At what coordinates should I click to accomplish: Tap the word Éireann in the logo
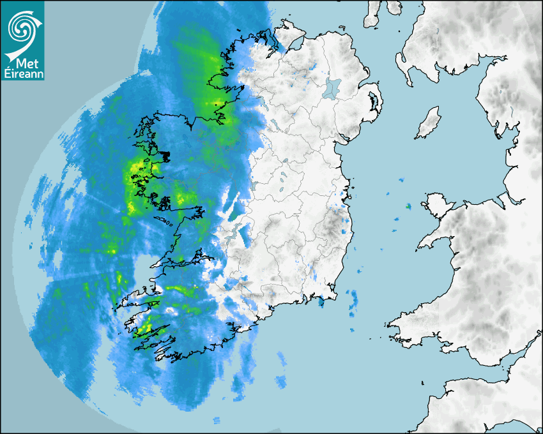pos(22,75)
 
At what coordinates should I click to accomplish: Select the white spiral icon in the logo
pos(22,29)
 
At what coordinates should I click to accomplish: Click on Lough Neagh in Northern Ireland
pos(333,87)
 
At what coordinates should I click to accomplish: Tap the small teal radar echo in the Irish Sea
pos(408,206)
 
